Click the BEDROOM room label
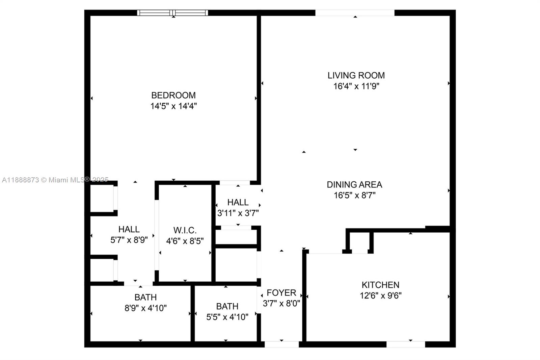173,95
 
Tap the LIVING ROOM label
356,75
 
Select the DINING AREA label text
354,185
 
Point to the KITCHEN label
380,285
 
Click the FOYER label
281,293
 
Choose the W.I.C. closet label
185,230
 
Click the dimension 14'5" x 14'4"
173,106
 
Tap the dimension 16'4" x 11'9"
356,86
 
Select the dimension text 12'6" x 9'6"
381,295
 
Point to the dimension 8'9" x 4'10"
145,308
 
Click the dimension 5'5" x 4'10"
227,317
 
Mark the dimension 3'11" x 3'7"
238,213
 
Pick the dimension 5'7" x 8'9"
129,240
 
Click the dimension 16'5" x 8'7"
355,195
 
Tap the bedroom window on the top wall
172,13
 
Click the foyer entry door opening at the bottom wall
281,344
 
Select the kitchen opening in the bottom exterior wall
406,344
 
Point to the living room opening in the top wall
355,13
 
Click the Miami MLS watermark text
55,180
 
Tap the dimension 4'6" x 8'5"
185,241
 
